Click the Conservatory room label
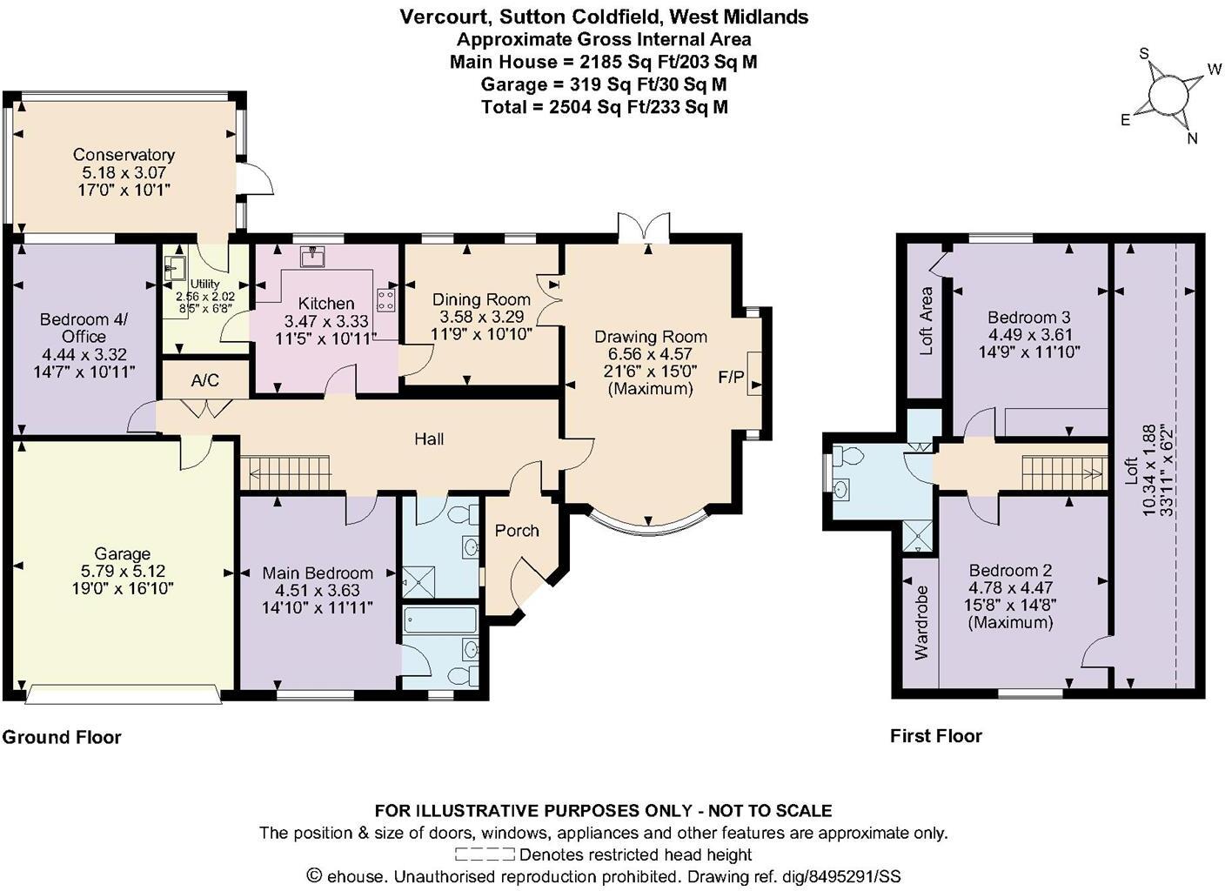124,155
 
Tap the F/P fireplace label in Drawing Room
731,377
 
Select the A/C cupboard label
205,380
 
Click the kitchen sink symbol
312,256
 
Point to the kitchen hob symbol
385,300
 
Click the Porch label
517,531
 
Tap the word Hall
429,439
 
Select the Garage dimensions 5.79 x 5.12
123,571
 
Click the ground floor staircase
287,472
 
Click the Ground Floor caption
62,737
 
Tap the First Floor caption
936,736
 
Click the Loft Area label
927,321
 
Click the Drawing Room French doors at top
644,227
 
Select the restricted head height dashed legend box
485,854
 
